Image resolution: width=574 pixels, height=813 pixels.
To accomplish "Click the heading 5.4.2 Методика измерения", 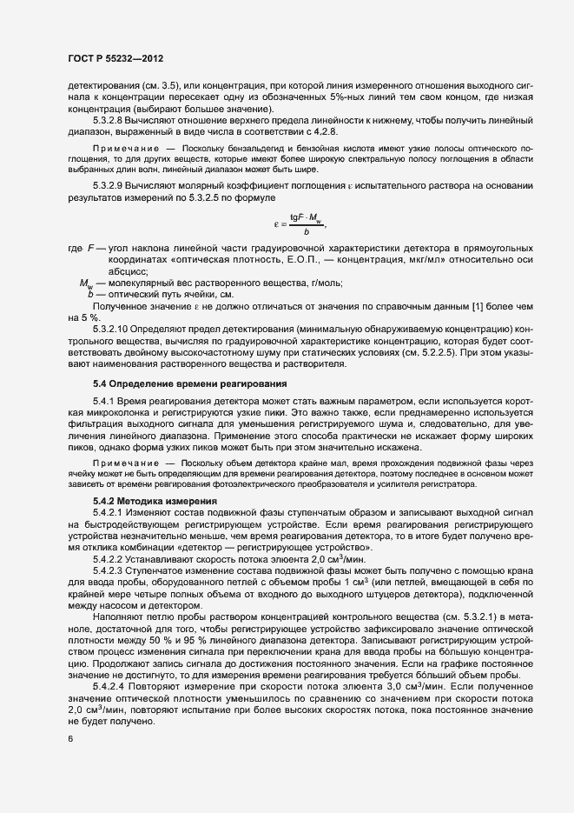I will [154, 502].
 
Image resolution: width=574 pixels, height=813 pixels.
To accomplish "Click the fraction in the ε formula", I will [307, 223].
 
